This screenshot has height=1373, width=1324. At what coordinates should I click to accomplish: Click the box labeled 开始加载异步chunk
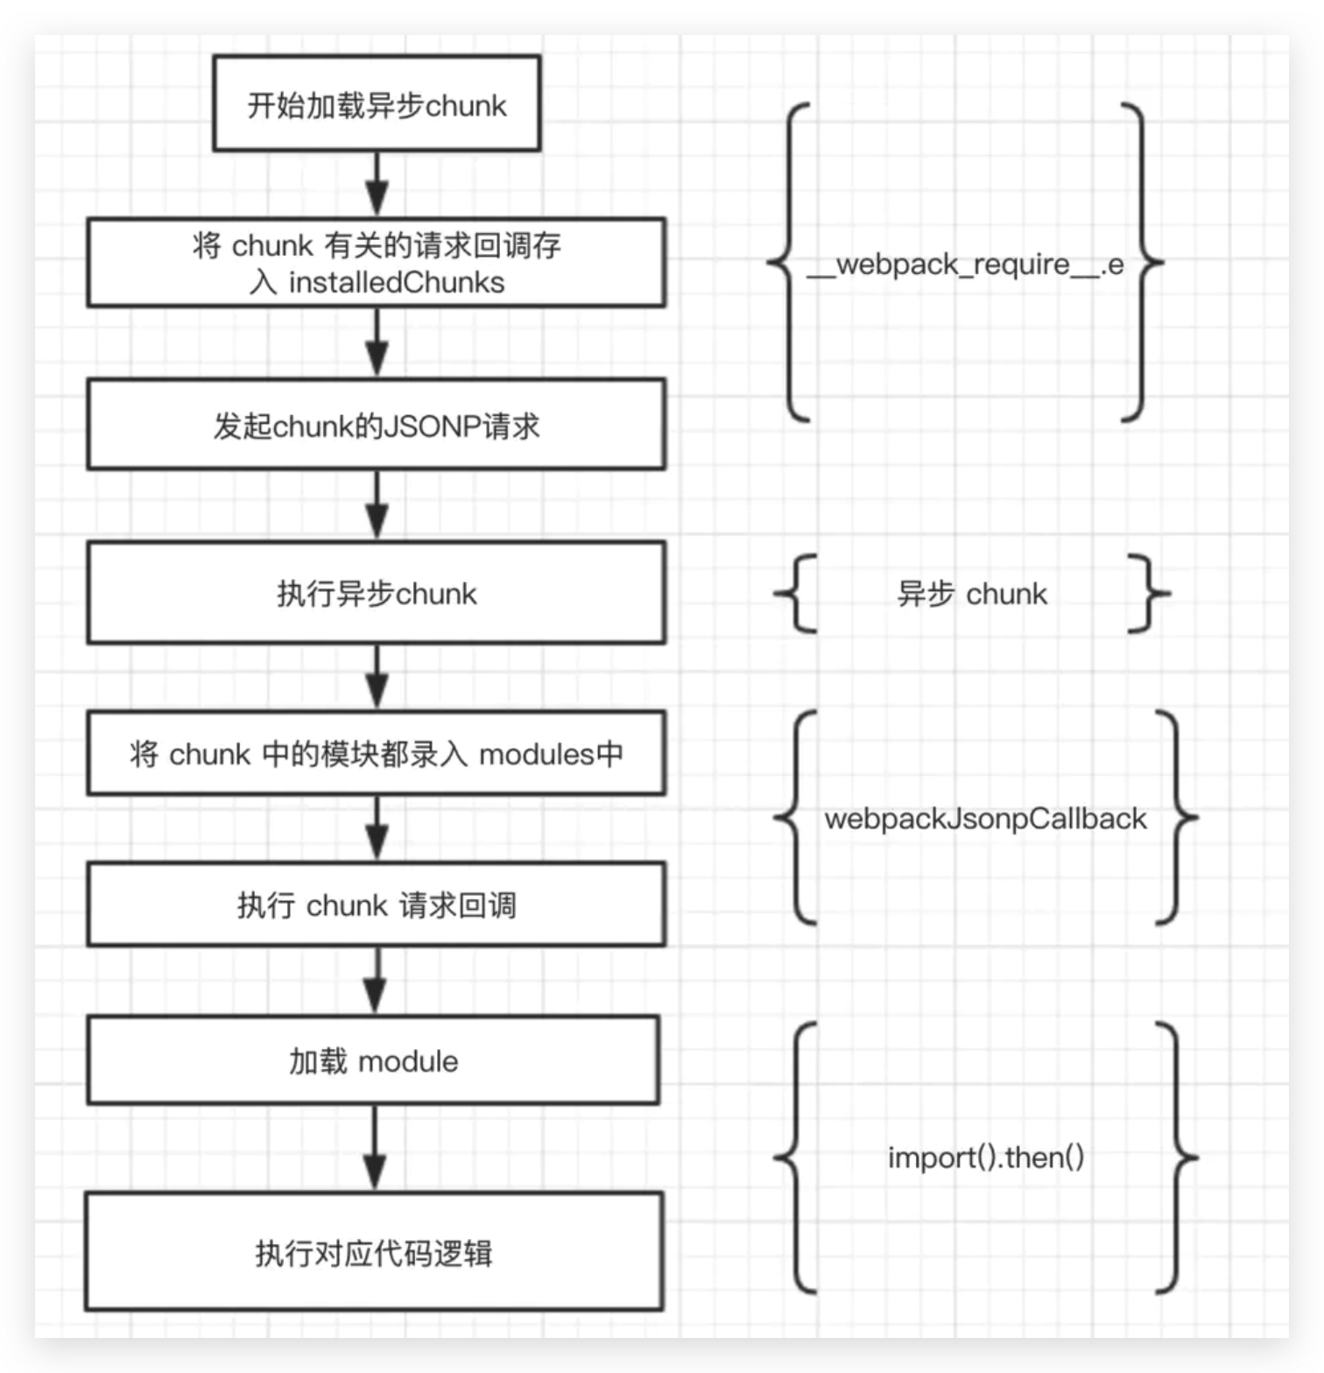377,104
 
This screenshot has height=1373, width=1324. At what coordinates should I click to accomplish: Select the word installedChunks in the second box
397,283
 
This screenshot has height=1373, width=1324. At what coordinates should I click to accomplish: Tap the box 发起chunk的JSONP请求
377,426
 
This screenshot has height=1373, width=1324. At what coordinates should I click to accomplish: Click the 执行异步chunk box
377,593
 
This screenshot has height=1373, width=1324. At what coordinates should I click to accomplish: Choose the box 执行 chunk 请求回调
377,905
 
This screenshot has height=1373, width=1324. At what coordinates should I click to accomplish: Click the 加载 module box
374,1061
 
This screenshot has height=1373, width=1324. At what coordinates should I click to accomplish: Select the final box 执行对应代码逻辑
374,1252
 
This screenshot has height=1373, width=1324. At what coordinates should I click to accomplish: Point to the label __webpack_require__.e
965,264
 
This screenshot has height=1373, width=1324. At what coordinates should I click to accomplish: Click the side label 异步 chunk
972,594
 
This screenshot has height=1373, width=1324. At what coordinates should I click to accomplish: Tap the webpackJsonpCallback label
985,819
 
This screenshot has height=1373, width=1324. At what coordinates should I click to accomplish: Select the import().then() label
986,1158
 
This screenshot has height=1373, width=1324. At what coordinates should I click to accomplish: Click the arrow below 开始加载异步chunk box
377,185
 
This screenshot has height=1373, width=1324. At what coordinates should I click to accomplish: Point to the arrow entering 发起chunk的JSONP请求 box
377,343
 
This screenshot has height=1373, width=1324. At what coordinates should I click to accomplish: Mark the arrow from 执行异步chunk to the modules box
377,677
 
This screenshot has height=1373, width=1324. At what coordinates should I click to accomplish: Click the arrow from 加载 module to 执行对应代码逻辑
375,1147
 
